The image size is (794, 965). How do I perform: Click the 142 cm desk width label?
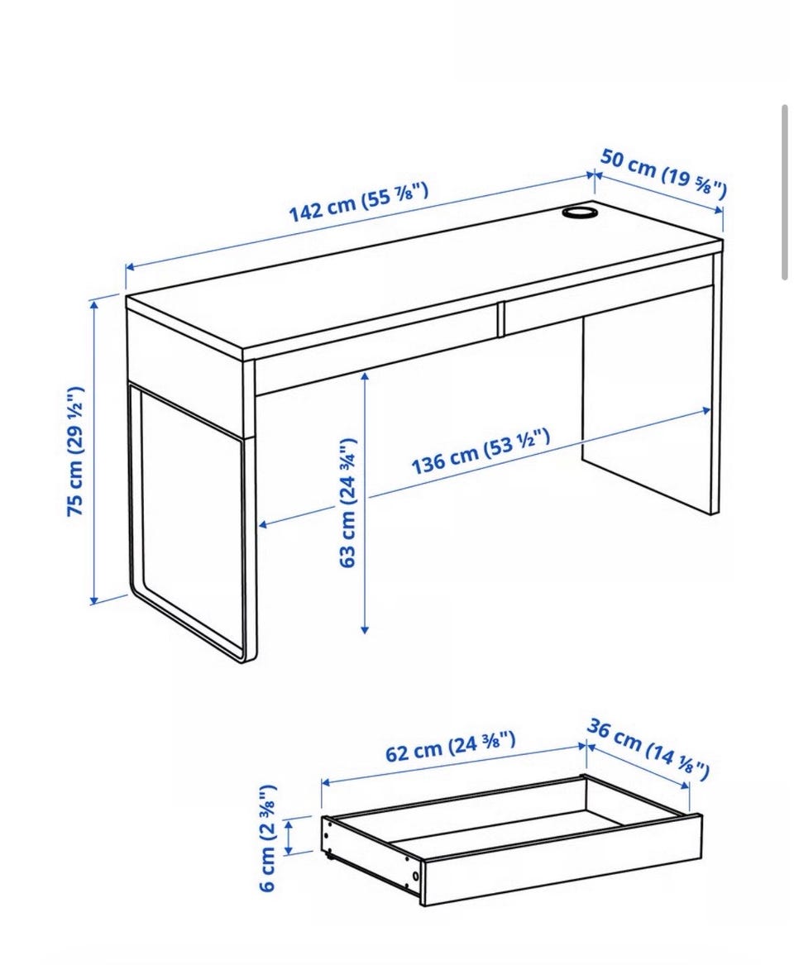(x=358, y=202)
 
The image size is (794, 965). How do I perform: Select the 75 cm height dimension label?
(x=75, y=451)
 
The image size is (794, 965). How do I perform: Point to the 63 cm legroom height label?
(x=347, y=503)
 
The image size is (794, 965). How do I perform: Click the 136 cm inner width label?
(x=480, y=452)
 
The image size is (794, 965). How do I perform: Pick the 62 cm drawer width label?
(x=451, y=746)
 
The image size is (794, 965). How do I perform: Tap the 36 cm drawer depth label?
(x=648, y=748)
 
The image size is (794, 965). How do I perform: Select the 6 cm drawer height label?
(x=268, y=838)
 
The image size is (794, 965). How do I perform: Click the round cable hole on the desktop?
(x=579, y=213)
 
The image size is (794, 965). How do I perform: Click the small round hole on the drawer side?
(x=416, y=876)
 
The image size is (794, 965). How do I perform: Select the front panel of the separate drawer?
(x=562, y=860)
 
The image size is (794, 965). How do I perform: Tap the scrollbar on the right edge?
(x=785, y=192)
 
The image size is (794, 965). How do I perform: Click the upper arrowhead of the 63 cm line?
(x=365, y=375)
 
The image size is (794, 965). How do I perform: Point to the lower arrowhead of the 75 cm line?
(x=94, y=600)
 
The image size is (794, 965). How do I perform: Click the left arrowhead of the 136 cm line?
(x=262, y=525)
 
